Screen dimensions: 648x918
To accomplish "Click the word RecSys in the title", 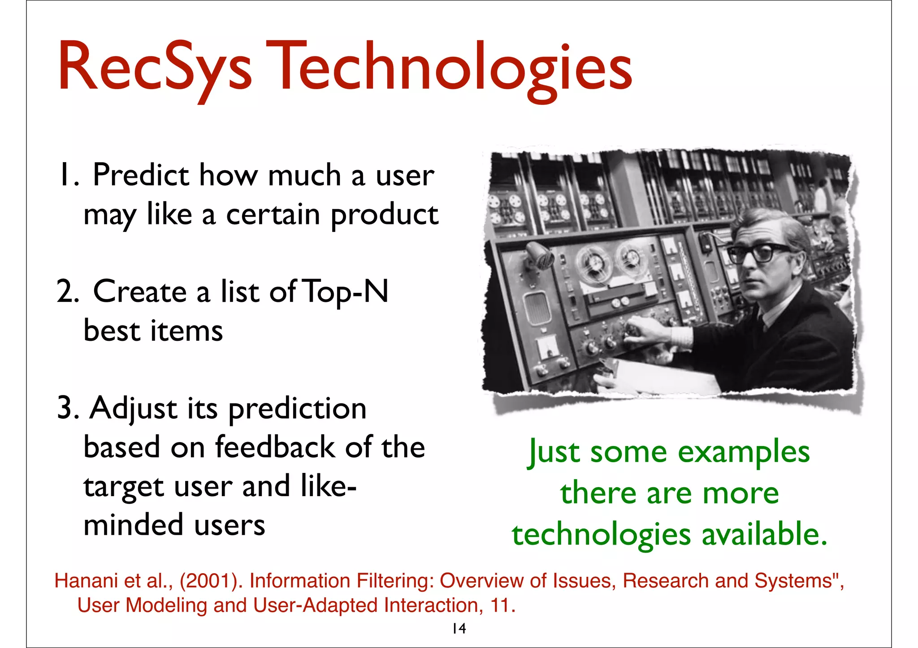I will pyautogui.click(x=155, y=67).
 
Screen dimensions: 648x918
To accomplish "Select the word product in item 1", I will pyautogui.click(x=385, y=215).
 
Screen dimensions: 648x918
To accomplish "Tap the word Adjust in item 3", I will pyautogui.click(x=133, y=408).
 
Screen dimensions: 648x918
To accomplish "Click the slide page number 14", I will pyautogui.click(x=459, y=629).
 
